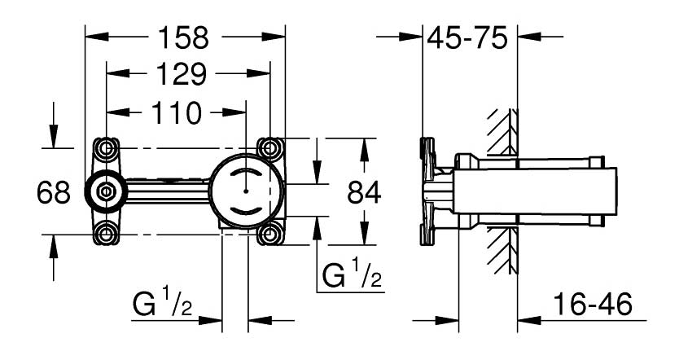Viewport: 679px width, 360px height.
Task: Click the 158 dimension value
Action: tap(186, 37)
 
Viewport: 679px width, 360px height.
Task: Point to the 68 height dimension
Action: tap(54, 192)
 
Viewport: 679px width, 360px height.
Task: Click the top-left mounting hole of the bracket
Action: tap(106, 148)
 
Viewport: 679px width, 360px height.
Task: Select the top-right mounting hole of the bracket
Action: tap(269, 148)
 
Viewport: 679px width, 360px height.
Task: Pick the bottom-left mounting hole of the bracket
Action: tap(106, 235)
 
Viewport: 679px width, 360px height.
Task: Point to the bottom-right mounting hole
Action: tap(269, 235)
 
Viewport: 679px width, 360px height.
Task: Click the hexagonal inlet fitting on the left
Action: tap(106, 192)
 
